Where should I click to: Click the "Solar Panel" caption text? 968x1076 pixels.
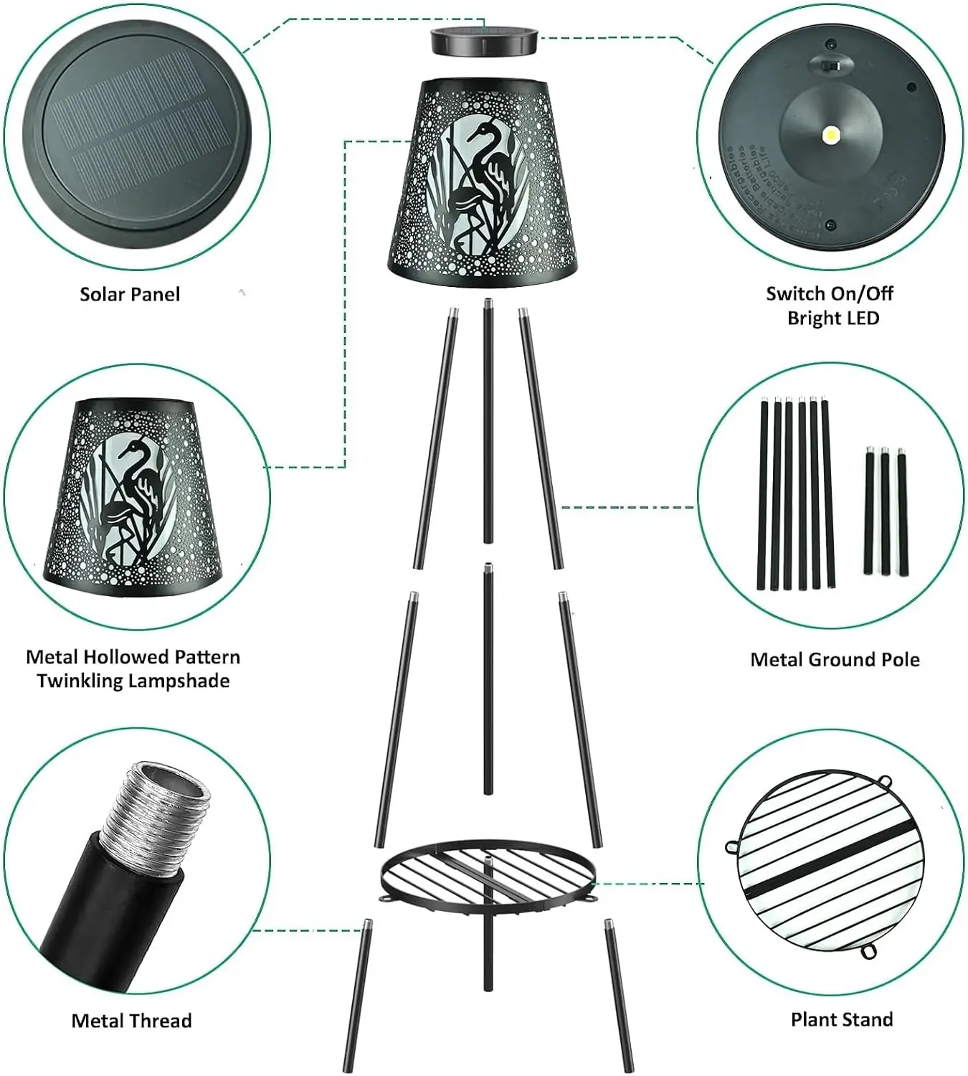[130, 294]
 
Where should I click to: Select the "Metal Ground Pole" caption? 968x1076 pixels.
[835, 660]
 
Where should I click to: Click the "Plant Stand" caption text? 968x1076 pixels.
[842, 1019]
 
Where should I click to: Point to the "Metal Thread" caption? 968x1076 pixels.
[131, 1021]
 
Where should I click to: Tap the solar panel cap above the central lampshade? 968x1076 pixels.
[483, 41]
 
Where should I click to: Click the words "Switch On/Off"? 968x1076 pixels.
[830, 293]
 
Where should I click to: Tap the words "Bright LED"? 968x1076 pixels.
[833, 318]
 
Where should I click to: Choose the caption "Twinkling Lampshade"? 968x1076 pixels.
[133, 681]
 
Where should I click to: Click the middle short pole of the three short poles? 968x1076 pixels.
[885, 511]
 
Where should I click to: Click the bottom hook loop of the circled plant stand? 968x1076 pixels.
[869, 951]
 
